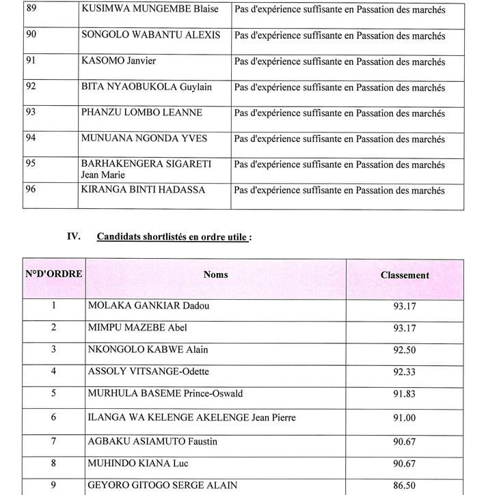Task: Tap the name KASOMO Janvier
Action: pyautogui.click(x=119, y=61)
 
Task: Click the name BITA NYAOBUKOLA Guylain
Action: pyautogui.click(x=147, y=87)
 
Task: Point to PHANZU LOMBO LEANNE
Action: pyautogui.click(x=141, y=113)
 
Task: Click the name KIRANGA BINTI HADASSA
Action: pyautogui.click(x=143, y=190)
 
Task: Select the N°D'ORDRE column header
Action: pyautogui.click(x=54, y=274)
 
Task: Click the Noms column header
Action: pyautogui.click(x=215, y=274)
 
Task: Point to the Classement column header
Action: pyautogui.click(x=405, y=275)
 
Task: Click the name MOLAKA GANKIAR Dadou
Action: pyautogui.click(x=149, y=306)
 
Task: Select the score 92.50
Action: pyautogui.click(x=405, y=350)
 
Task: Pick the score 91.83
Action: pyautogui.click(x=405, y=395)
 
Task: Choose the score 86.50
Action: pyautogui.click(x=405, y=485)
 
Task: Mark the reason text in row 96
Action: pyautogui.click(x=339, y=190)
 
